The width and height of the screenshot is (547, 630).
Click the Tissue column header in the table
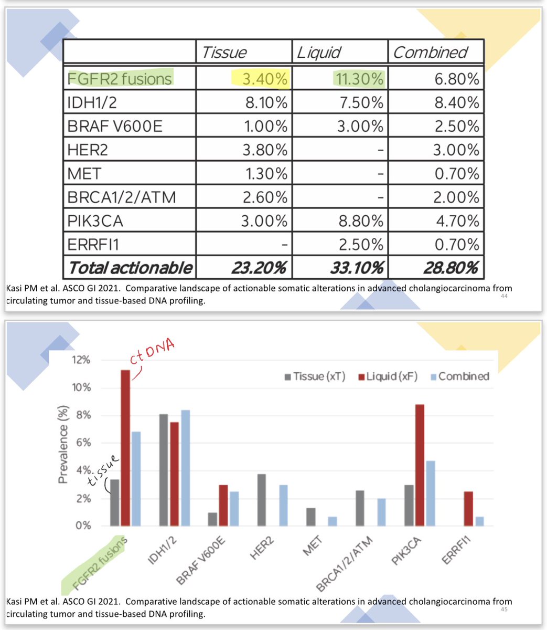pos(224,52)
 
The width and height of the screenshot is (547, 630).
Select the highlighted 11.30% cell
pos(359,79)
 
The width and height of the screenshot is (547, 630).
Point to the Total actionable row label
pos(130,268)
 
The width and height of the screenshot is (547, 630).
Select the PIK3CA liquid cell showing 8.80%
pos(361,220)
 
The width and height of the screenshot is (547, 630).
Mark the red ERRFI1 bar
pos(468,508)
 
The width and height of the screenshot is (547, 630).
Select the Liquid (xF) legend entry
pos(388,376)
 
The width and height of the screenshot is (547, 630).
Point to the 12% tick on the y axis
pos(81,360)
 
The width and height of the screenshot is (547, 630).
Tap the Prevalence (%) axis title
pos(63,444)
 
